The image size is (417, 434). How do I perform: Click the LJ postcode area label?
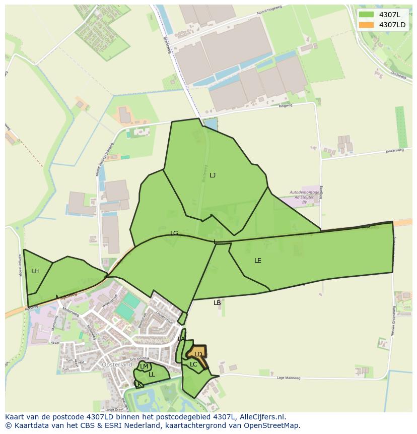213,175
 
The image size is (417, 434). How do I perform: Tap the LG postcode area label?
174,233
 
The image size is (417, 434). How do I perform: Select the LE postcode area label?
258,261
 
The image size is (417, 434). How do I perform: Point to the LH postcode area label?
35,271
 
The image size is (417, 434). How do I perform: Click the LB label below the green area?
217,303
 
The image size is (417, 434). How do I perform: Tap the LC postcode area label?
193,364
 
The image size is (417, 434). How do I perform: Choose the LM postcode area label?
144,366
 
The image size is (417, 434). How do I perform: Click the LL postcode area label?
152,375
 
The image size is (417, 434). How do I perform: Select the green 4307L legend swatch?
366,15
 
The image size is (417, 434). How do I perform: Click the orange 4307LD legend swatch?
366,25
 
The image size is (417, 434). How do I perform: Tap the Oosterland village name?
116,364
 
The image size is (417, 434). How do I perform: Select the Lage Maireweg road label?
288,378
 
